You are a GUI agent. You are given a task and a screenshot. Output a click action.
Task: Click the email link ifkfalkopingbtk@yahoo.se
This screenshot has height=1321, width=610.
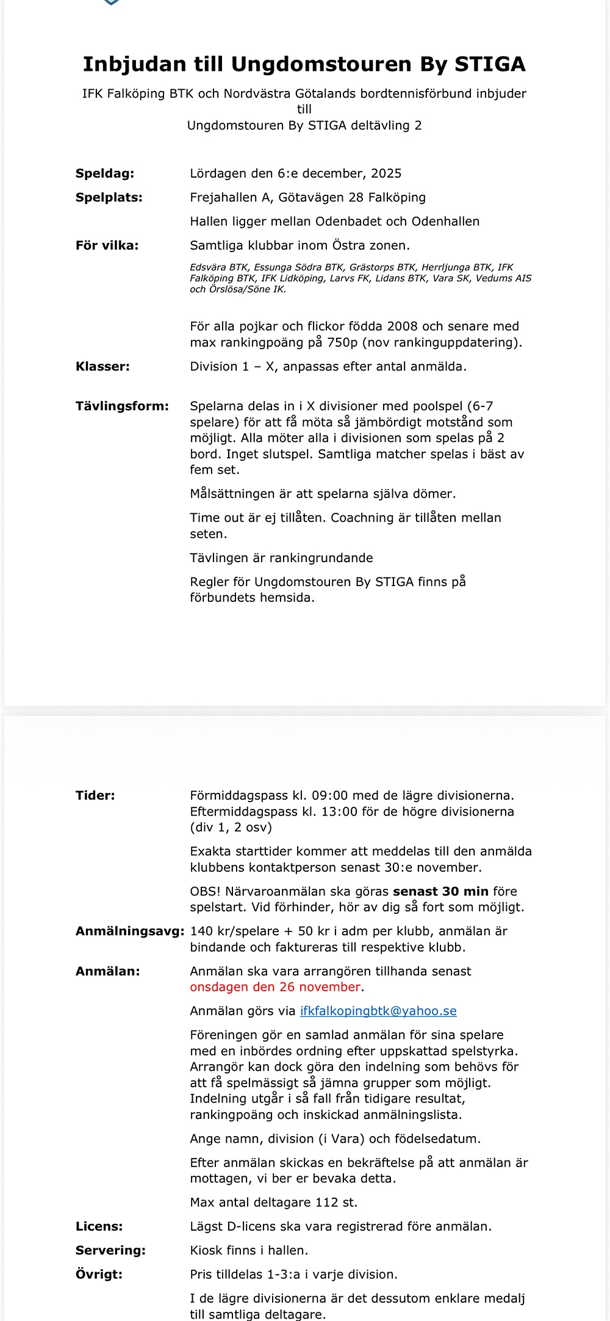click(378, 1011)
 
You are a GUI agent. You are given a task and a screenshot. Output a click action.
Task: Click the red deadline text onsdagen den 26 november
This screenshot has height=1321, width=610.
click(275, 987)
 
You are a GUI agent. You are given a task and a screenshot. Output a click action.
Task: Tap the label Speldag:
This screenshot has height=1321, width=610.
click(105, 173)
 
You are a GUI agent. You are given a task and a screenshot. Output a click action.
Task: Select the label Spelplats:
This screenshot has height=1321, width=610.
click(109, 197)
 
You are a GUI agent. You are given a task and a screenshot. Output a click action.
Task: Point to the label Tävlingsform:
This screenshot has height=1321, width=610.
click(122, 406)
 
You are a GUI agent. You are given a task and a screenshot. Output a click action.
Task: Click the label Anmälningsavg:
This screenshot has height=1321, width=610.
click(130, 931)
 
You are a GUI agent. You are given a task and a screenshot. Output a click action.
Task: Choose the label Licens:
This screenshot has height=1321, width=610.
click(99, 1226)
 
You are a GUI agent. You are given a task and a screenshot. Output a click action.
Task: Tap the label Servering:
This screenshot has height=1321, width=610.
click(110, 1250)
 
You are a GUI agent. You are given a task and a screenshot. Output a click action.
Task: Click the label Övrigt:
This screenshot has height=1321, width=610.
click(99, 1274)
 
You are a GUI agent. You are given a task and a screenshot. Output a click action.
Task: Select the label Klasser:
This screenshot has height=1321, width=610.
click(102, 366)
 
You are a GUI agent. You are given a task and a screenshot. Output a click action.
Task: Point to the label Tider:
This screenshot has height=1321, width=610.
click(95, 795)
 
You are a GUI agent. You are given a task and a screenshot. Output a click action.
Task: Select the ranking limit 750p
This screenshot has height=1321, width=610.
click(342, 342)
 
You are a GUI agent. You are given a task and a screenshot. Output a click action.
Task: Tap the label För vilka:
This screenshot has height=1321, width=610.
click(107, 245)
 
